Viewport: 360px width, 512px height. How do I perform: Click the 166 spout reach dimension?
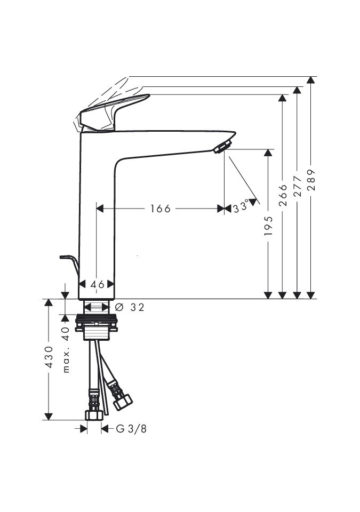tap(161, 209)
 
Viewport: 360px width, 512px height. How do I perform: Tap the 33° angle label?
tap(241, 207)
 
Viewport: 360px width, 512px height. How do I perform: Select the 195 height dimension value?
tap(268, 226)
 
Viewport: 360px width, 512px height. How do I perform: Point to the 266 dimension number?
tap(283, 195)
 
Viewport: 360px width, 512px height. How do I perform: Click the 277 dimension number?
tap(297, 186)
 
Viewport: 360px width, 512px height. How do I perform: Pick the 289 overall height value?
tap(311, 180)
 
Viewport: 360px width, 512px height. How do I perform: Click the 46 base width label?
tap(98, 284)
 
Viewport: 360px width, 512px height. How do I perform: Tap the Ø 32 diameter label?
tap(130, 307)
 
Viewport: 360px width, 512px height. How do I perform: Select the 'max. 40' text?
tap(66, 349)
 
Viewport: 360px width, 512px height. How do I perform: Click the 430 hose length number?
tap(49, 357)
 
